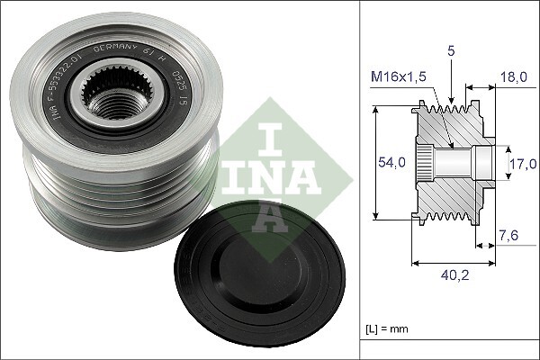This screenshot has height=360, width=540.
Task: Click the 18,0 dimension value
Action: [516, 78]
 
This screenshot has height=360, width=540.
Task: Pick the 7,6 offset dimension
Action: [509, 237]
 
